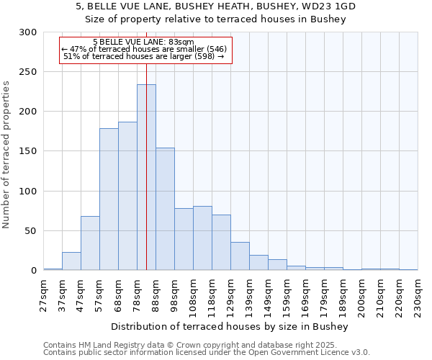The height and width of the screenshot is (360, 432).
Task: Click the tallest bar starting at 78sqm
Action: pyautogui.click(x=146, y=177)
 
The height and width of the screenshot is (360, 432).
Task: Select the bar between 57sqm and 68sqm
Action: pyautogui.click(x=109, y=199)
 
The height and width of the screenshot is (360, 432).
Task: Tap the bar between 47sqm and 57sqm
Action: pyautogui.click(x=90, y=243)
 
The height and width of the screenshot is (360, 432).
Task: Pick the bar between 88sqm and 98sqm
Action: pyautogui.click(x=165, y=209)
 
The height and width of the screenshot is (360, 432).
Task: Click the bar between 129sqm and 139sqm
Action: pyautogui.click(x=240, y=256)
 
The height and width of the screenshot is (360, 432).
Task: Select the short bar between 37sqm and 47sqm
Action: pyautogui.click(x=71, y=261)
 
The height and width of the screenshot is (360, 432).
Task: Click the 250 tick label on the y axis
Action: pyautogui.click(x=27, y=72)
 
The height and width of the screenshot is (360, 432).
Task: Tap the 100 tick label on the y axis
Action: pyautogui.click(x=27, y=192)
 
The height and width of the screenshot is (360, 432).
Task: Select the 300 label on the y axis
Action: pyautogui.click(x=27, y=32)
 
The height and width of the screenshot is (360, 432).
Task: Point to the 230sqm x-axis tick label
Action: pyautogui.click(x=418, y=293)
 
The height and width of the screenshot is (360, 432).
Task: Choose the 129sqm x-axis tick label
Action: pyautogui.click(x=231, y=293)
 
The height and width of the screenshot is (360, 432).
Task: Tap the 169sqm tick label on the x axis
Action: pyautogui.click(x=306, y=293)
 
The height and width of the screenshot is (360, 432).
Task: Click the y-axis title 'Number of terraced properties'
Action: pyautogui.click(x=6, y=155)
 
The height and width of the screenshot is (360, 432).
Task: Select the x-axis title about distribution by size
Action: pyautogui.click(x=230, y=327)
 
